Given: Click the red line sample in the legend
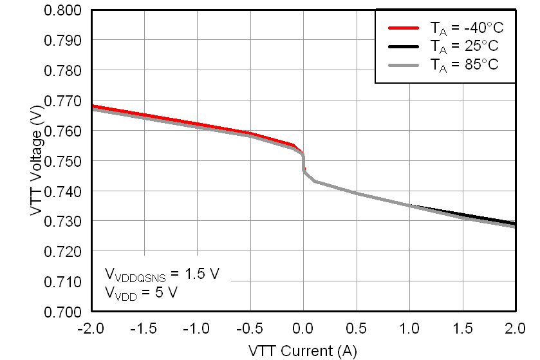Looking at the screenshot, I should pos(404,28).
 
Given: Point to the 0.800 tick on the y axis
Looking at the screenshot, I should pos(62,10).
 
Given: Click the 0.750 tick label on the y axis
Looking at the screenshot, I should pos(62,161).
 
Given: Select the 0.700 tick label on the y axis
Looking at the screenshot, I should pos(62,312).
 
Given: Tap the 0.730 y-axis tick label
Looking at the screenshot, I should pos(62,222).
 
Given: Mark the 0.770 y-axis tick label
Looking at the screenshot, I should pos(62,101).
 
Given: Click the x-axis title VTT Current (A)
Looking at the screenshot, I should pos(303,351).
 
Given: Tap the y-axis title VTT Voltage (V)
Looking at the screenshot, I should pos(37,161).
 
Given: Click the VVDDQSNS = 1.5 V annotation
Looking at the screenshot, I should pos(162,274).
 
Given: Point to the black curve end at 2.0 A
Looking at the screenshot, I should pos(514,223).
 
